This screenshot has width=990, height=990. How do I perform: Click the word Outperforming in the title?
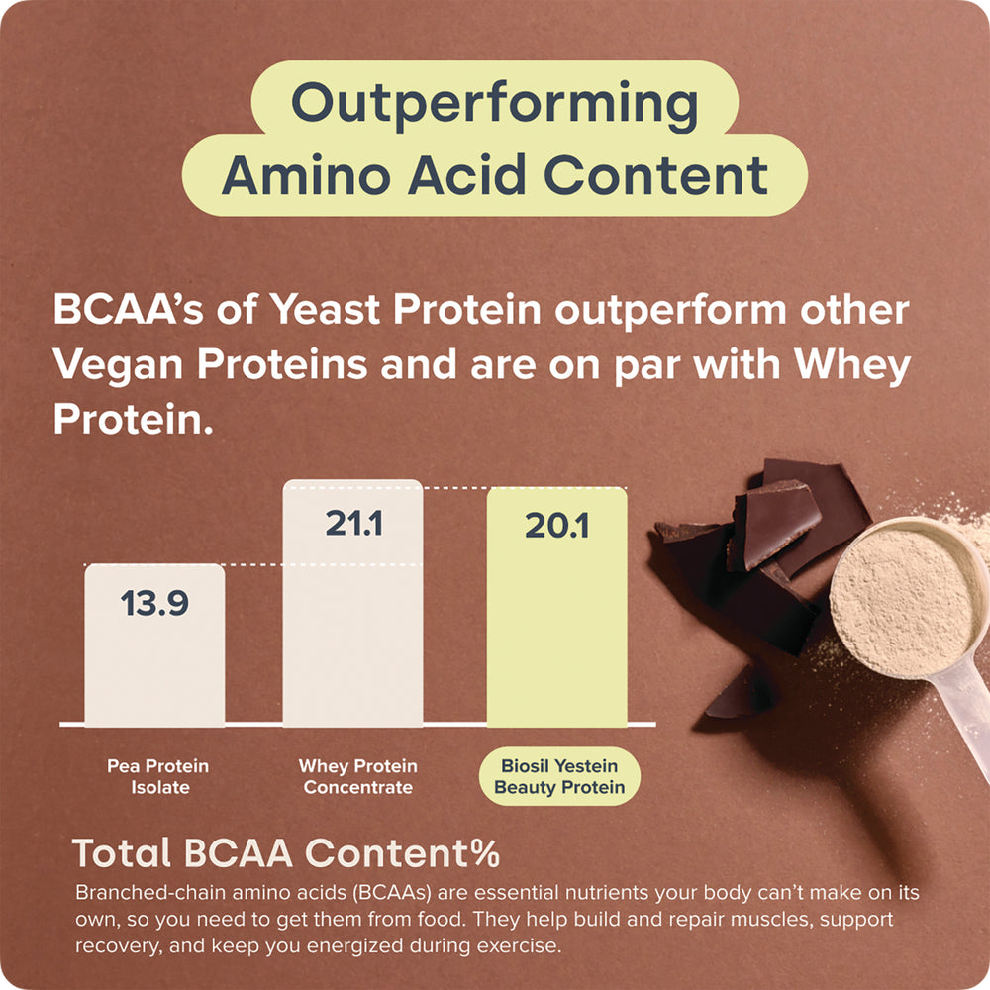tap(494, 105)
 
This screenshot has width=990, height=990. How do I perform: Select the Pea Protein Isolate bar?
tap(154, 644)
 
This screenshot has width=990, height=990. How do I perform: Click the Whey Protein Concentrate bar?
tap(353, 603)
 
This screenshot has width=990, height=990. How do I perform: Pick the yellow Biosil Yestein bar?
tap(556, 607)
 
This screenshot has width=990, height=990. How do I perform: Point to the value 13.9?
tap(154, 603)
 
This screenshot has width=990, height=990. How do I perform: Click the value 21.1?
tap(353, 524)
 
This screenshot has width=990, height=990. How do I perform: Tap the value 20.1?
tap(556, 526)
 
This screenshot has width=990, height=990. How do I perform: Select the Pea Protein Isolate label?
tap(157, 776)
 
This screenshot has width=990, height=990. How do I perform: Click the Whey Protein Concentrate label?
tap(358, 776)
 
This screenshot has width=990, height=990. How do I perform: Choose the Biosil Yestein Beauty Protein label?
tap(559, 776)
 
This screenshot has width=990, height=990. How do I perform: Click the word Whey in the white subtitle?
tap(852, 366)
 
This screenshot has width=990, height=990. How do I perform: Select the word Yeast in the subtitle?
tap(325, 309)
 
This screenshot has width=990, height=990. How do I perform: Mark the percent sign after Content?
tap(485, 853)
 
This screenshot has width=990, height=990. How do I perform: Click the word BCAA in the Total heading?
tap(239, 853)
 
